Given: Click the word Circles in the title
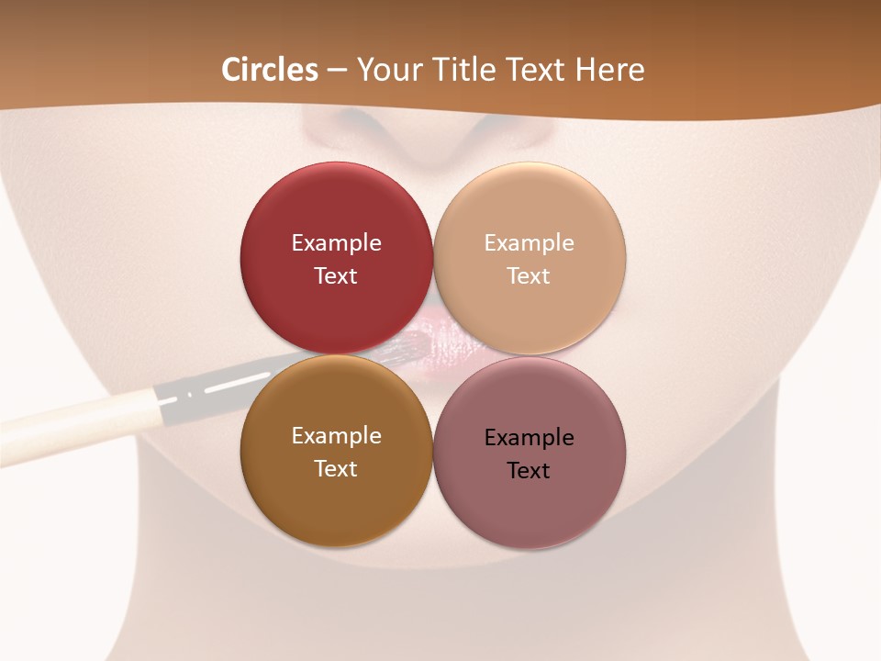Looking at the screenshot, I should [270, 70].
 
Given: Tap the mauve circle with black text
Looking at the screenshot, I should [530, 500].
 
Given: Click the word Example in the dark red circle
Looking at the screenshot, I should [336, 243].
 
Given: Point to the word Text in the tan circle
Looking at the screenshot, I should [529, 276].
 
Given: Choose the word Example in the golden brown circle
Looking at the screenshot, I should [336, 436].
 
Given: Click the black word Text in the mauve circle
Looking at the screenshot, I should [529, 471].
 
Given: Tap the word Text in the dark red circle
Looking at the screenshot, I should [336, 276].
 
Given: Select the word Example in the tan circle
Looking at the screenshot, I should [529, 243].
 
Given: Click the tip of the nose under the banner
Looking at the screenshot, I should [429, 138].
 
